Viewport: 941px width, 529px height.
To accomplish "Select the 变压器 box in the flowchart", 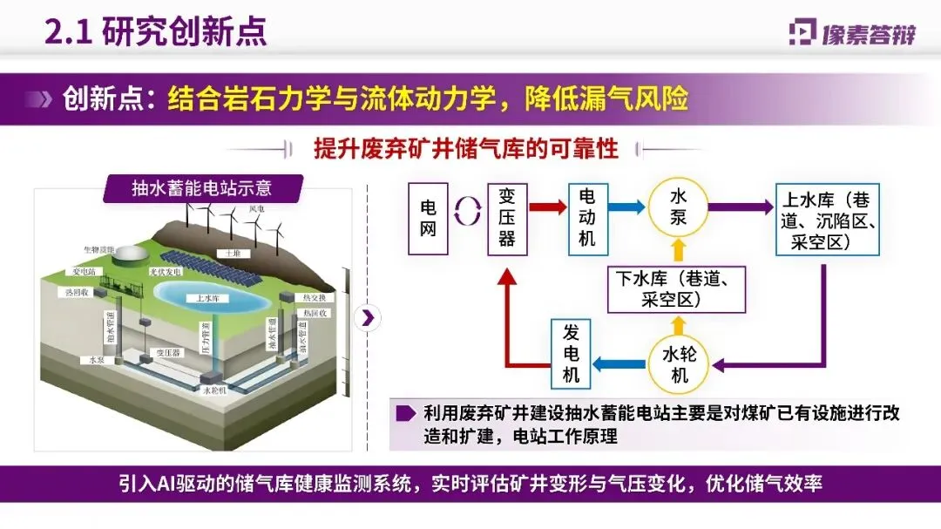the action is click(x=506, y=217).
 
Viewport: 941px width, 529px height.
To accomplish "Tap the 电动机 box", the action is click(x=587, y=216).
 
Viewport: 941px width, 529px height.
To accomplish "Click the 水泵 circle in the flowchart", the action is click(x=678, y=207).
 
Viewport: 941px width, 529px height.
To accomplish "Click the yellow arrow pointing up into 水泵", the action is click(x=678, y=252).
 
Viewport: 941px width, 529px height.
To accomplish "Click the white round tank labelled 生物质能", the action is click(x=132, y=254).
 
